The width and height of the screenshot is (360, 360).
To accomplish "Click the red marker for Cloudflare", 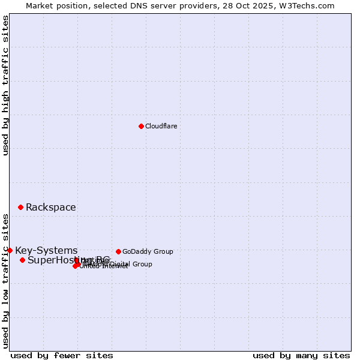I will tap(141, 126).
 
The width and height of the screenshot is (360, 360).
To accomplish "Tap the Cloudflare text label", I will tap(161, 126).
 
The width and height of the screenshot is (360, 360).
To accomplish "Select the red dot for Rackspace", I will tap(20, 207).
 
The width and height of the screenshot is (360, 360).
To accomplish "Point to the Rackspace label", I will tap(50, 208).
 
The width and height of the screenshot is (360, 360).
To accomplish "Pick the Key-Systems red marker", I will tap(10, 250).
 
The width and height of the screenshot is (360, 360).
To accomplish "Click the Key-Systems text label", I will tap(46, 251).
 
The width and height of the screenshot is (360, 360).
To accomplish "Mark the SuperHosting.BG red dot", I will tap(22, 260).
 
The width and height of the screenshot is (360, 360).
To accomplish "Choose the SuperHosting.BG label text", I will tap(68, 260).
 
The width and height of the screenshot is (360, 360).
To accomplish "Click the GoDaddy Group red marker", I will tap(118, 251).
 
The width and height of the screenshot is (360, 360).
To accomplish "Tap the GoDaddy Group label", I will tap(148, 251).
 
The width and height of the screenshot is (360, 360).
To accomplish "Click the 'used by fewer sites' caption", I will tap(62, 355).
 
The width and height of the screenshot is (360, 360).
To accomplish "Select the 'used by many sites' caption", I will tap(301, 355).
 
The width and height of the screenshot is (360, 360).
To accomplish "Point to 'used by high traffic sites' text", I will tap(5, 85).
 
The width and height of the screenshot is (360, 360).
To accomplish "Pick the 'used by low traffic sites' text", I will tap(5, 281).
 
